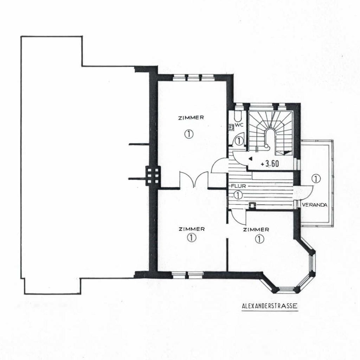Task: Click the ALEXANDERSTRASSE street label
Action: click(270, 306)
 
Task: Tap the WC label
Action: click(239, 125)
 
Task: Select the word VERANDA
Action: click(314, 205)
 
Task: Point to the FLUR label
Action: click(238, 186)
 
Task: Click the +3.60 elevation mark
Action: click(270, 163)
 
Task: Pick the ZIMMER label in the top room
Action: click(191, 117)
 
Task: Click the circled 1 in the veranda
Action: click(317, 178)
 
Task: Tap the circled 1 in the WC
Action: click(239, 141)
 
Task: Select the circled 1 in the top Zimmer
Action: click(189, 134)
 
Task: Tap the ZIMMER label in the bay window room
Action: click(256, 229)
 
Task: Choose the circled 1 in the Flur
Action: click(238, 195)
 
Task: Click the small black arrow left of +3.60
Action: click(250, 159)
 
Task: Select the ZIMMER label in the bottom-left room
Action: click(192, 229)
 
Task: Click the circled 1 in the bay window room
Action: click(259, 239)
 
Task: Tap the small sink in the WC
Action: click(232, 127)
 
